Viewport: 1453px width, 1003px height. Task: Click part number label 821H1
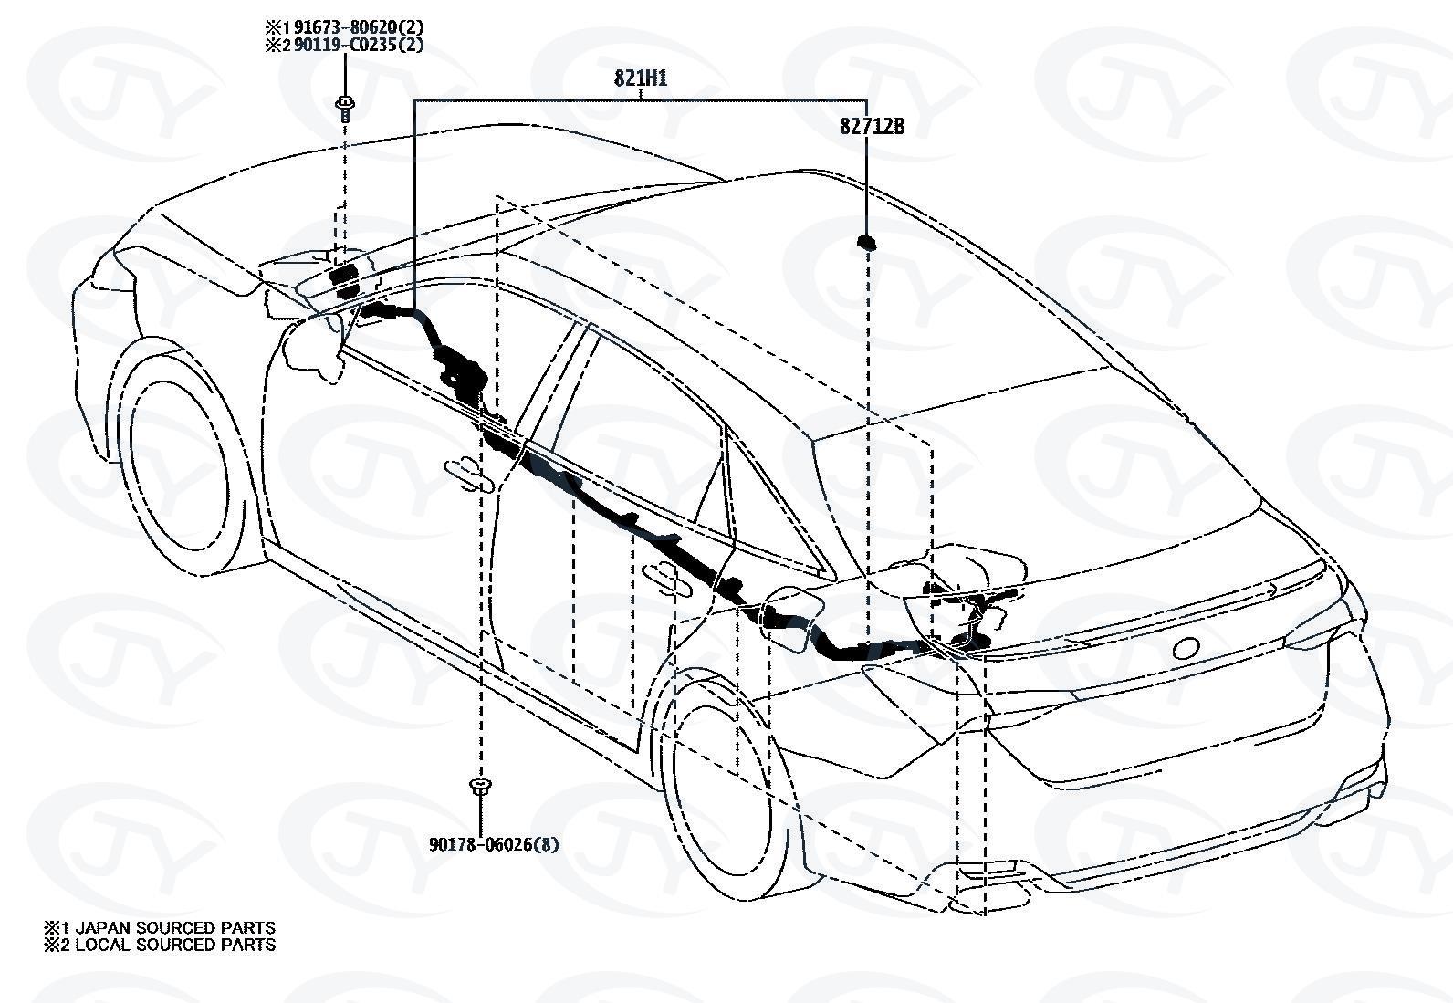tap(640, 78)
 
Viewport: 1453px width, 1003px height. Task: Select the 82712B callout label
tap(872, 127)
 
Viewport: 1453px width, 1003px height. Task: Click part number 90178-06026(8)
tap(494, 844)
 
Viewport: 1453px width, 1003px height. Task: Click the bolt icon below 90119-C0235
tap(345, 107)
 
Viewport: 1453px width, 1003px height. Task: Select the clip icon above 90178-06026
tap(478, 788)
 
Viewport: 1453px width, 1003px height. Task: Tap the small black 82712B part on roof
tap(865, 241)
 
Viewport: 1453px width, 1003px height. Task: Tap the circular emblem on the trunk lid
tap(1186, 648)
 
